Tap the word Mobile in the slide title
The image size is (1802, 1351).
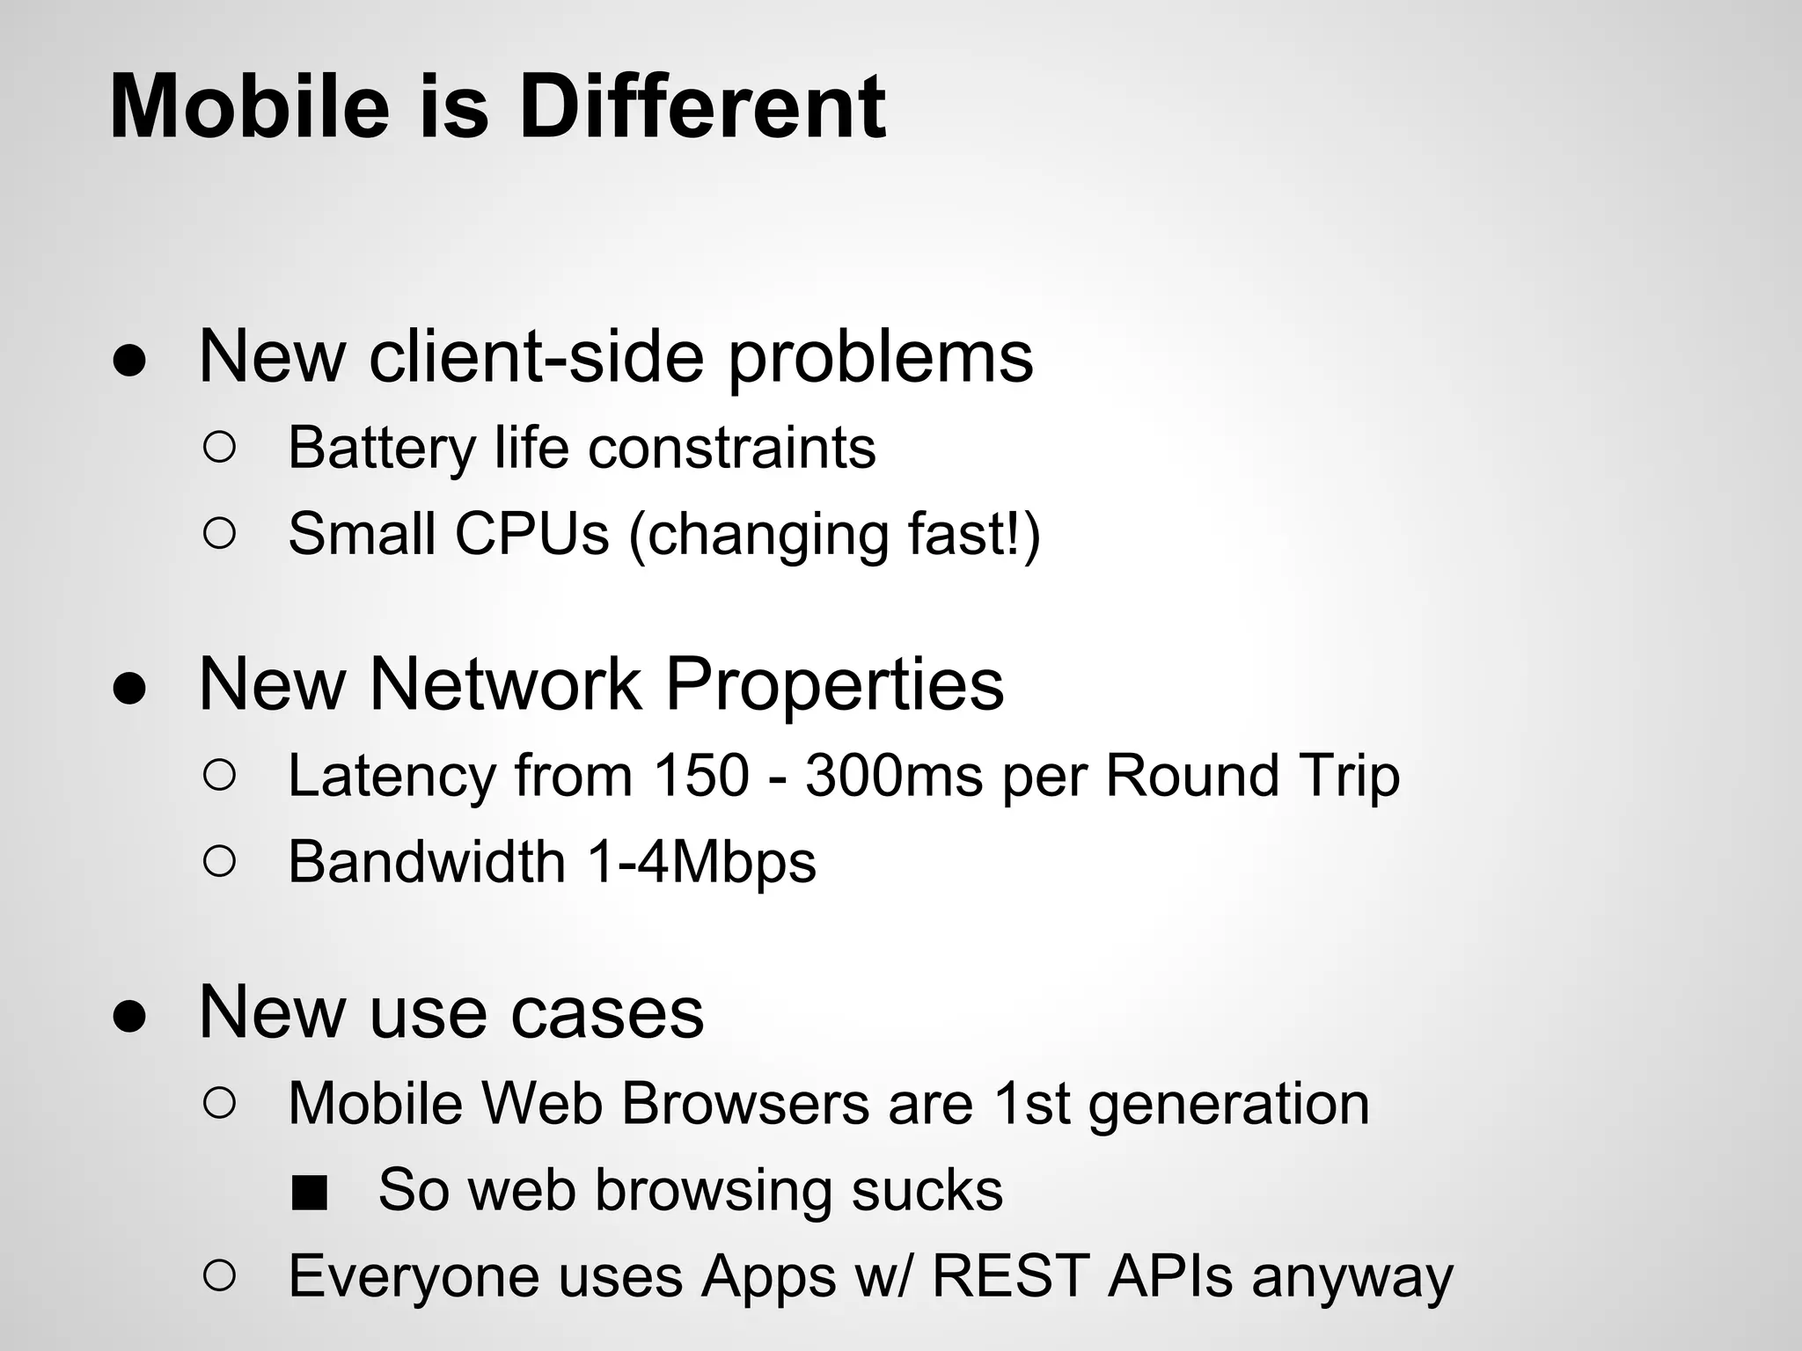[x=249, y=107]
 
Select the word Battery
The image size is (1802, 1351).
[x=382, y=448]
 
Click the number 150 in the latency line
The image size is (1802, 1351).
[x=700, y=776]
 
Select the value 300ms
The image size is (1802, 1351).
[x=894, y=776]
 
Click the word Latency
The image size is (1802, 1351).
[x=391, y=776]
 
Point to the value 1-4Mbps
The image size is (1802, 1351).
[x=700, y=861]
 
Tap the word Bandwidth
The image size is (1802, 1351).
[x=427, y=861]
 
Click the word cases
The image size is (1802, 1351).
[x=607, y=1012]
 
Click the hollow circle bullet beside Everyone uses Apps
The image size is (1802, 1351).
[x=219, y=1276]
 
